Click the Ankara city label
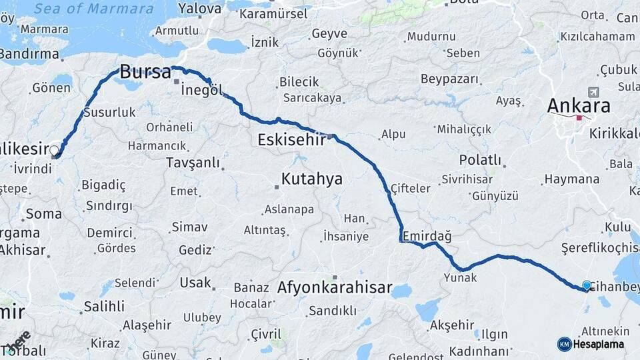579,105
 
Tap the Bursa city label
145,72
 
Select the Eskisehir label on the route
291,140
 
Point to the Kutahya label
311,179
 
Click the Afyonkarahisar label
335,288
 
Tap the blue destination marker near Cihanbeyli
587,285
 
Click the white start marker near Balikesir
55,151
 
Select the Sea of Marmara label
93,9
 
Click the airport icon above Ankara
593,92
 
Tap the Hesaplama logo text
598,345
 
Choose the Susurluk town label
110,111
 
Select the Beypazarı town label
450,79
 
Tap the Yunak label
461,277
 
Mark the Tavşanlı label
193,163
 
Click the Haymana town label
571,179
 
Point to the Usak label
195,282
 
